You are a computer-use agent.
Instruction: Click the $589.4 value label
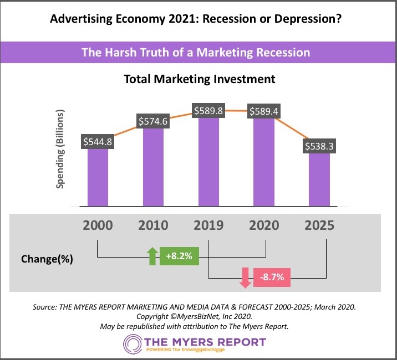tap(265, 111)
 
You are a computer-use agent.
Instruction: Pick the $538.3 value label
tap(320, 147)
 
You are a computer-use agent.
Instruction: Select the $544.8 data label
tap(98, 142)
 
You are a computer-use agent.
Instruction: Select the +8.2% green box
tap(179, 256)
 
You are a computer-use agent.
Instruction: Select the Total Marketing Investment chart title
tap(198, 79)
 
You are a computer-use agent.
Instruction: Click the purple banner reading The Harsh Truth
tap(198, 53)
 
